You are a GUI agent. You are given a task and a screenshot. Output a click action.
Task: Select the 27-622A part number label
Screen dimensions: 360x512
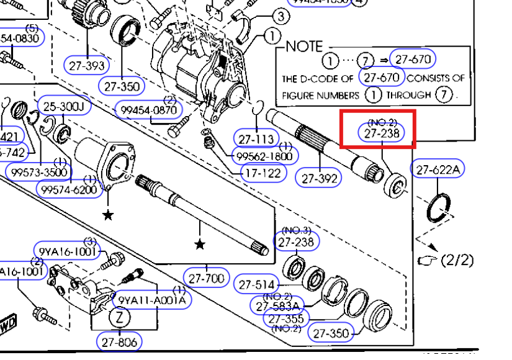438,169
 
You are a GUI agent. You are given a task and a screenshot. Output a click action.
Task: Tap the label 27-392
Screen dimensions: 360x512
320,178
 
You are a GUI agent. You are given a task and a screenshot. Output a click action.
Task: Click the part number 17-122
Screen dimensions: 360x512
263,173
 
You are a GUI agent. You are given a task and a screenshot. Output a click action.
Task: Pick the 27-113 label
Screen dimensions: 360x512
255,138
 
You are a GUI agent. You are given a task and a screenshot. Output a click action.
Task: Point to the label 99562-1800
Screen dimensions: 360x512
265,156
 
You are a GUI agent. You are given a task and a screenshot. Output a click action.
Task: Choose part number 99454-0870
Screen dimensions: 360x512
150,110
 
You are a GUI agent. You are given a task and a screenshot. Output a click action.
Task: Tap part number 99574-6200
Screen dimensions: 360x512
69,189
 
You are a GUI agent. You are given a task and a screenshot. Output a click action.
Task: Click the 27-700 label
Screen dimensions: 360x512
207,278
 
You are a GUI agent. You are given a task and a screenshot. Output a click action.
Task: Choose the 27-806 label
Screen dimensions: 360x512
119,341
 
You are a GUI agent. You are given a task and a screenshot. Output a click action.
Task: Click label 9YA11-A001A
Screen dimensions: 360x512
151,300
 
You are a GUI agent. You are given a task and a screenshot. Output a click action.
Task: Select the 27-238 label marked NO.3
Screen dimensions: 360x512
296,241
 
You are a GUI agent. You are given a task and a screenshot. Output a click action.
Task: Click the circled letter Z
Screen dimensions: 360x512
120,318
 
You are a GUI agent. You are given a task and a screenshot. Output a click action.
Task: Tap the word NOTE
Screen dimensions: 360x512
304,47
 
